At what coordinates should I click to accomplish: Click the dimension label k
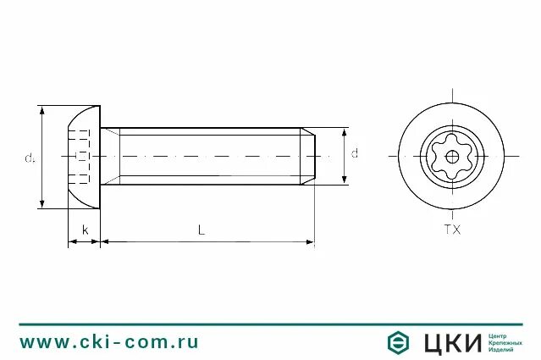coord(86,230)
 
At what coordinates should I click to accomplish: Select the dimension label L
coord(201,230)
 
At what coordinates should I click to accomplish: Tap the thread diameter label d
coord(355,152)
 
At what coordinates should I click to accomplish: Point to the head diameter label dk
coord(30,158)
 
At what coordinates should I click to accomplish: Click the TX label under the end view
coord(452,230)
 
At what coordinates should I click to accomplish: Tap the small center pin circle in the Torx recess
coord(452,157)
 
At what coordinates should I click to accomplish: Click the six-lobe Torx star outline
coord(452,157)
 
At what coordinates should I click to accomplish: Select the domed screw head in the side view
coord(85,157)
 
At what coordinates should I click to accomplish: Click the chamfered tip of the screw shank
coord(308,156)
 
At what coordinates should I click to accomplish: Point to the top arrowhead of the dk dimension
coord(42,110)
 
